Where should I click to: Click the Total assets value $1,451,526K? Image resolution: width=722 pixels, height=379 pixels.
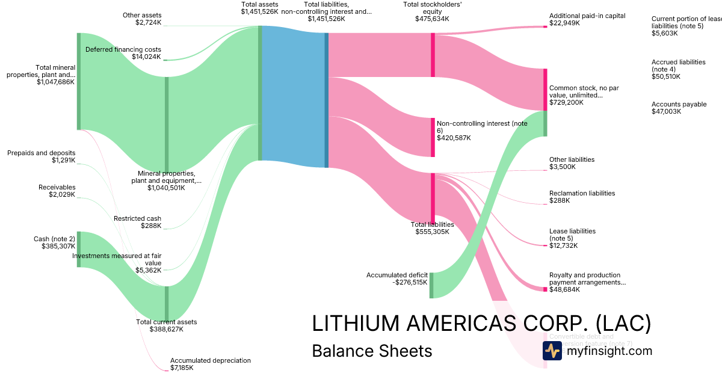point(260,11)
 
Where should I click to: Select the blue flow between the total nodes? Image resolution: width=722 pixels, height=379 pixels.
point(294,96)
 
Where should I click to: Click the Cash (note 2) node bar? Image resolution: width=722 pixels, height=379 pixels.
point(78,249)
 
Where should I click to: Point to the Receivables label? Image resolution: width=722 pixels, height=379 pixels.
point(57,187)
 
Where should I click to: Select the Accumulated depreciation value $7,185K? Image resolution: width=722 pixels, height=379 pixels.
point(182,368)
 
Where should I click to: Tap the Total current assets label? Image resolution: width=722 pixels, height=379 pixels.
point(166,322)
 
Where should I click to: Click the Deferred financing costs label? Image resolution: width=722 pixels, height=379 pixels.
point(123,49)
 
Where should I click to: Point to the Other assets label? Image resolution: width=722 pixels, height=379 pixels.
point(142,15)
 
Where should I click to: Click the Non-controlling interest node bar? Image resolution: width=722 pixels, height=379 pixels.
point(432,137)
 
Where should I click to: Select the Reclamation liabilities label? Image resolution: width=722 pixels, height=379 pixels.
point(582,193)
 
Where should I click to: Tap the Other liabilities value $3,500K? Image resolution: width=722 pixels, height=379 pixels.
point(563,167)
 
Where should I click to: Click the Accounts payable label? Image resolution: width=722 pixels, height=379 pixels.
point(679,104)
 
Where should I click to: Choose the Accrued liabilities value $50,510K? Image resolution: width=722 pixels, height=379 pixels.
point(666,76)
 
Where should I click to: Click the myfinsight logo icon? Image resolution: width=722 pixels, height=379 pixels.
point(552,350)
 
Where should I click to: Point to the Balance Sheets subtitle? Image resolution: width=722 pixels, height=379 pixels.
point(372,351)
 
